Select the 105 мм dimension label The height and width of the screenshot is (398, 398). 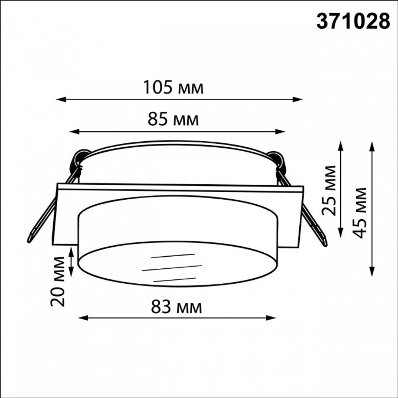(174, 87)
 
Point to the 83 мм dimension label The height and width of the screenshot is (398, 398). (177, 307)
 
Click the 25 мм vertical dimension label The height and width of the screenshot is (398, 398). (329, 190)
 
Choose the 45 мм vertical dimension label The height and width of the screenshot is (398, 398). (360, 213)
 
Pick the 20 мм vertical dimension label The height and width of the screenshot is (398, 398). (57, 281)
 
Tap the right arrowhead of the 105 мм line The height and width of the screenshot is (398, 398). (298, 99)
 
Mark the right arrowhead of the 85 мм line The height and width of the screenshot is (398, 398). (280, 131)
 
